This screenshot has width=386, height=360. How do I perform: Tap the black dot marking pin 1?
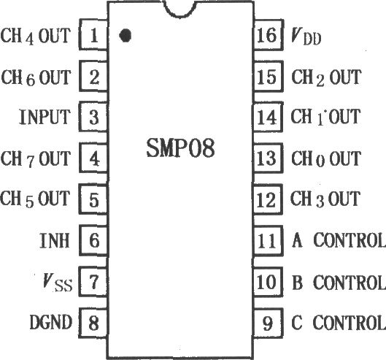tap(125, 35)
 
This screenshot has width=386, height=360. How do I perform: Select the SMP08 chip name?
tap(180, 148)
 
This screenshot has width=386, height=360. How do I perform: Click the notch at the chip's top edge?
tap(180, 9)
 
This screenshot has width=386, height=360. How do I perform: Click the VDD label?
tap(306, 37)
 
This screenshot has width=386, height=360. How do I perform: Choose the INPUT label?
tap(45, 117)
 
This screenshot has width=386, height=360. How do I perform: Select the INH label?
tap(55, 240)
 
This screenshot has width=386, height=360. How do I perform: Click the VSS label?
tap(58, 283)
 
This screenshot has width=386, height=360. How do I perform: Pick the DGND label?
tap(50, 322)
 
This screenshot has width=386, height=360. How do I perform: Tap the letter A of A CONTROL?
tap(297, 240)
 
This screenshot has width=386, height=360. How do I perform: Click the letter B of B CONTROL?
tap(297, 282)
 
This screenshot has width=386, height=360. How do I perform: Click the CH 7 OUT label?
tap(36, 158)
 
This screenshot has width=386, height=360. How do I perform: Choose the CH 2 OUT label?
tap(326, 77)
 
